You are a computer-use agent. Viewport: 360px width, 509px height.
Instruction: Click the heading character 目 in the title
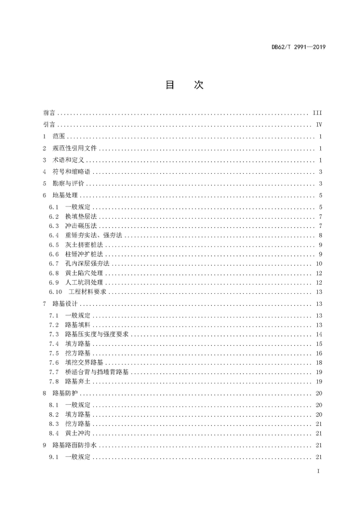[x=170, y=85]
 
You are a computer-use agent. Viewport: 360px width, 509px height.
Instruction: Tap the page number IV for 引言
[x=319, y=125]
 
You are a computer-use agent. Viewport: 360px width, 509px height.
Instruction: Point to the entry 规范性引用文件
[x=75, y=149]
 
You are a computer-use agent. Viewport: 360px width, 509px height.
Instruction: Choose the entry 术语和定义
[x=68, y=161]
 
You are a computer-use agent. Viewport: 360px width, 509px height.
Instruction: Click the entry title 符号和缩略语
[x=72, y=172]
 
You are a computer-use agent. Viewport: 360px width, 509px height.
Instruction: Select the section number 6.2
[x=54, y=217]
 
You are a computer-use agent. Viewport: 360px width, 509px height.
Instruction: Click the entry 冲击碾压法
[x=81, y=226]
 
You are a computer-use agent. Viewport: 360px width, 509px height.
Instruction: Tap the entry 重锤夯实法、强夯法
[x=94, y=236]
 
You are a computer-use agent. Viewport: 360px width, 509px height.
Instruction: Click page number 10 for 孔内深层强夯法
[x=319, y=263]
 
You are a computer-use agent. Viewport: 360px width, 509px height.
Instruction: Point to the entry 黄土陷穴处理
[x=84, y=273]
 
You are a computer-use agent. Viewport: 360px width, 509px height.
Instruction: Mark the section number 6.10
[x=56, y=292]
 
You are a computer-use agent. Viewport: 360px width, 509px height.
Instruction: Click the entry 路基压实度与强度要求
[x=97, y=335]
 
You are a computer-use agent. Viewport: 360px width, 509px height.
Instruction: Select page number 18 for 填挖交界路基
[x=319, y=362]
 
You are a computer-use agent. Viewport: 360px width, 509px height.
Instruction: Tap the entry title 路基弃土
[x=78, y=382]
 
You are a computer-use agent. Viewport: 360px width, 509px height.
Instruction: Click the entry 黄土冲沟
[x=78, y=433]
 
